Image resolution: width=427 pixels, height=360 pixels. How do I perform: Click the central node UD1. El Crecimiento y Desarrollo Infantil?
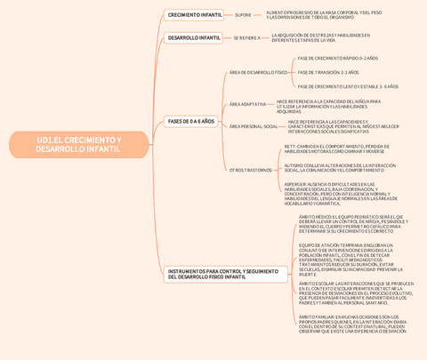(78, 145)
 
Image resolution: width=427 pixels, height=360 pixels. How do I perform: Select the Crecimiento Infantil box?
(195, 15)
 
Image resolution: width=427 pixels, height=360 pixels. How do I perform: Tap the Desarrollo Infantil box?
(194, 38)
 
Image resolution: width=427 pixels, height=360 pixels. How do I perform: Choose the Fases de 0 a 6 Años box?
(191, 121)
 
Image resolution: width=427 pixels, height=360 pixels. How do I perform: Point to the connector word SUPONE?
(243, 15)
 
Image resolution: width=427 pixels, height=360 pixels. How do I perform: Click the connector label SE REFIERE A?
(247, 38)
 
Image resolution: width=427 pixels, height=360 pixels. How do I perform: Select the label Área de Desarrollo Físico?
(258, 72)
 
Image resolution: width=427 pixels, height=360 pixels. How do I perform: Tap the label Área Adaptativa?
(247, 104)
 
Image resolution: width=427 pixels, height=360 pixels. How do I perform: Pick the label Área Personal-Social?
(254, 126)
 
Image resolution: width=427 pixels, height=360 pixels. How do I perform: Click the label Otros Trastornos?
(250, 169)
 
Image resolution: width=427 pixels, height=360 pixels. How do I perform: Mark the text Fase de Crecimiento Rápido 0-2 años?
(337, 58)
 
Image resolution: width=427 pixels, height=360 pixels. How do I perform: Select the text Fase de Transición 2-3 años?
(328, 72)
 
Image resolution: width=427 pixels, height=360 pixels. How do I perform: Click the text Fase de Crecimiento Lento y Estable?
(348, 86)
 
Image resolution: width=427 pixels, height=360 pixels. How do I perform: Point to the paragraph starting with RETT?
(337, 148)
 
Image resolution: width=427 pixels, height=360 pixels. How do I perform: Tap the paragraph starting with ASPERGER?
(339, 193)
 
